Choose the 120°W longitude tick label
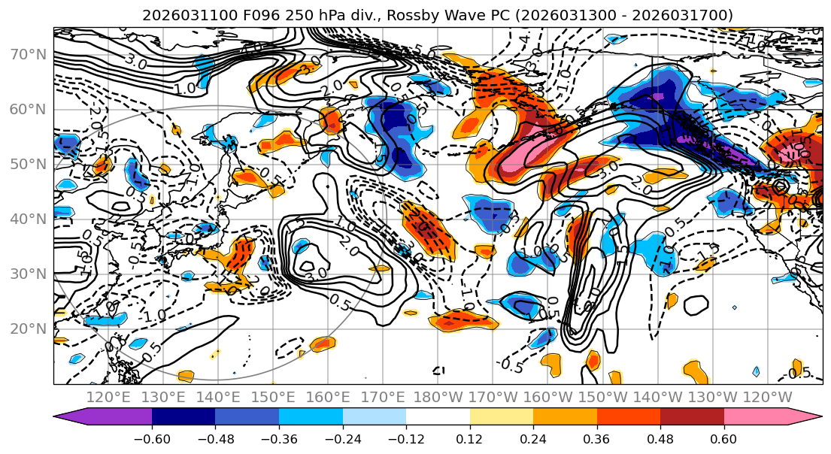pos(767,397)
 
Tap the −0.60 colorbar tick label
pos(151,436)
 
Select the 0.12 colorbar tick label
pos(469,436)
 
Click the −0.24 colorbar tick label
pos(342,436)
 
